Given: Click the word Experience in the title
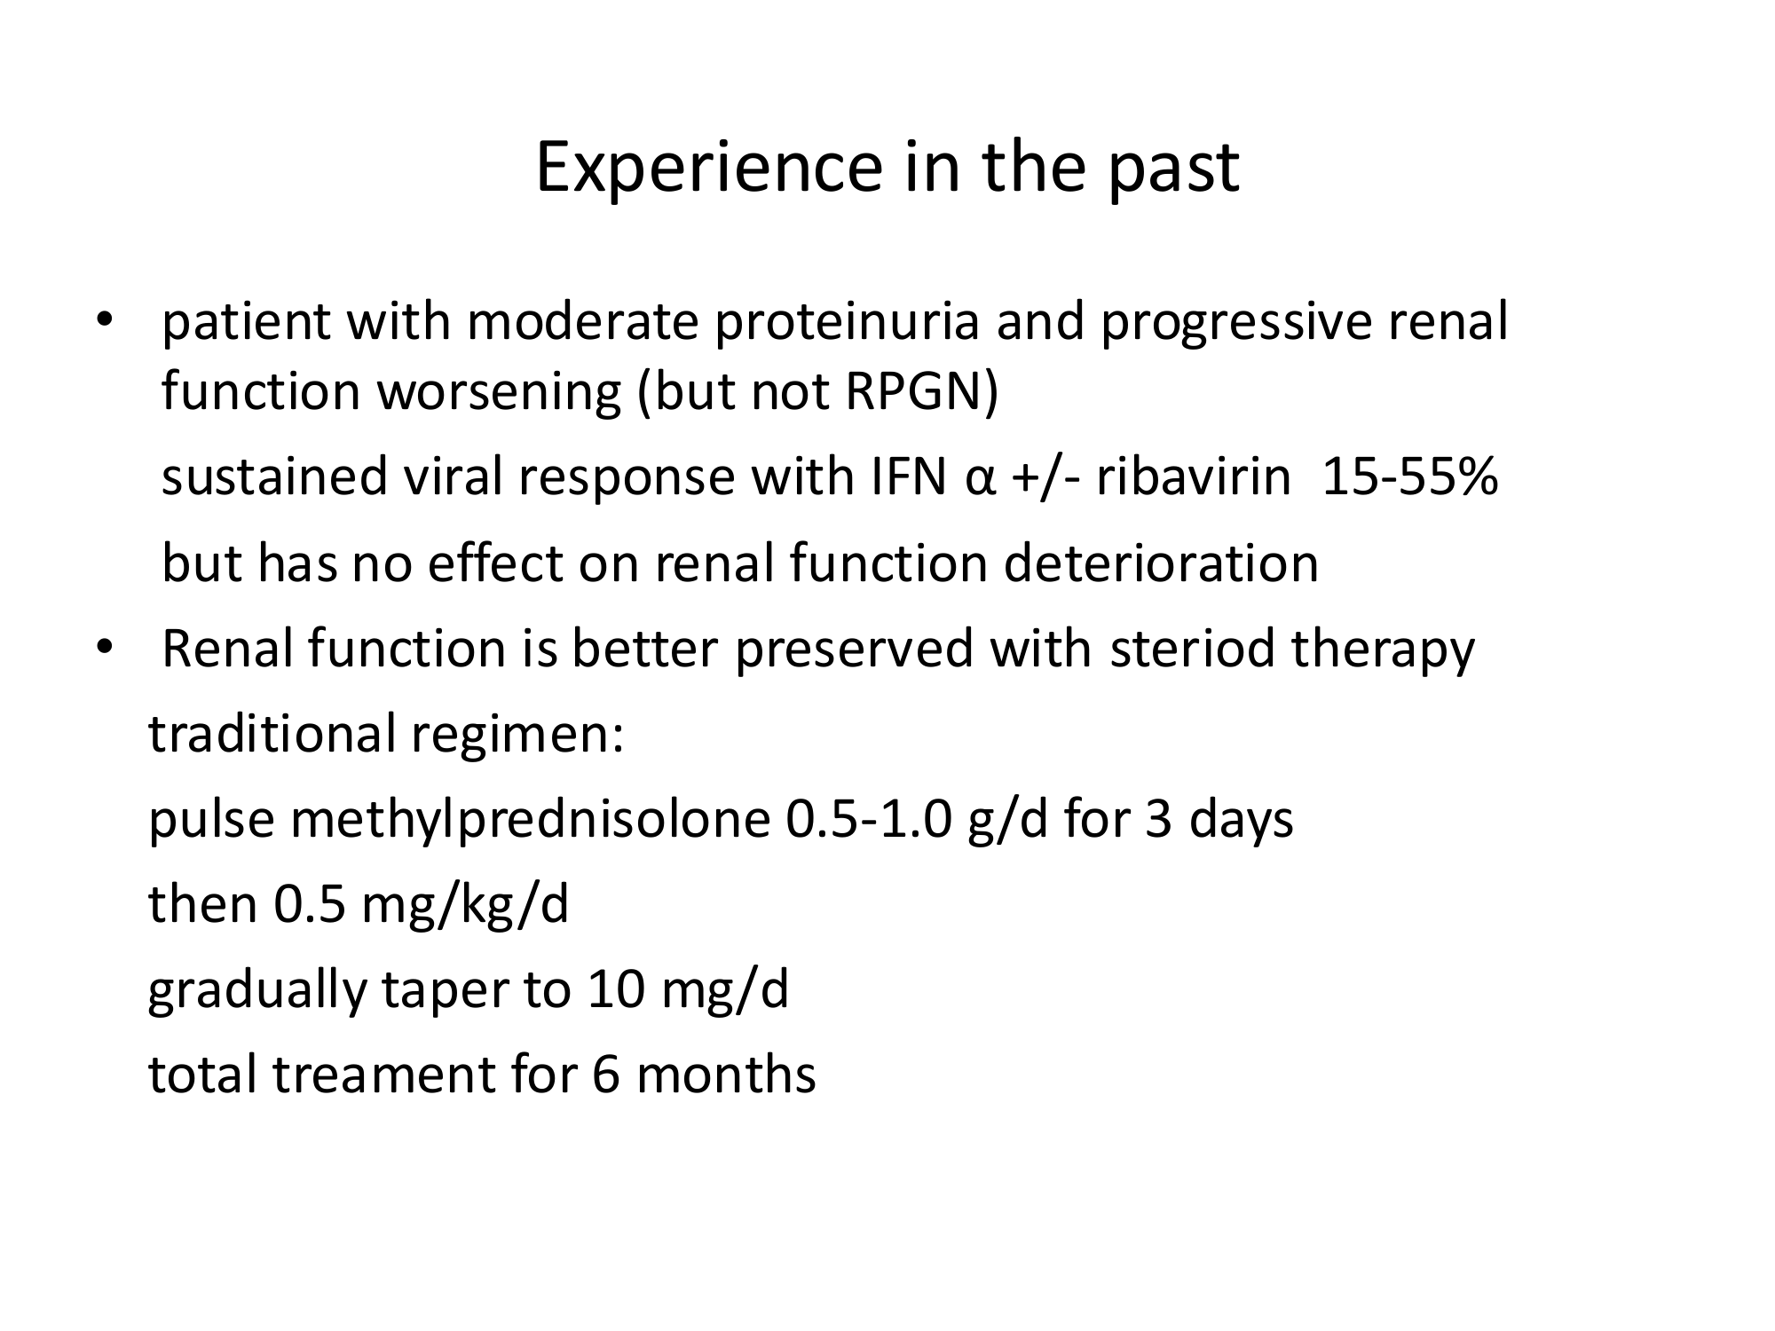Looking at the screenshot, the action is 709,168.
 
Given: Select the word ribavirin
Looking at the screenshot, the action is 1193,477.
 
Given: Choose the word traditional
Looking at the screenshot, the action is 272,734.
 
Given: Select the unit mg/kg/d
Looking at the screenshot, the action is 465,905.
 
